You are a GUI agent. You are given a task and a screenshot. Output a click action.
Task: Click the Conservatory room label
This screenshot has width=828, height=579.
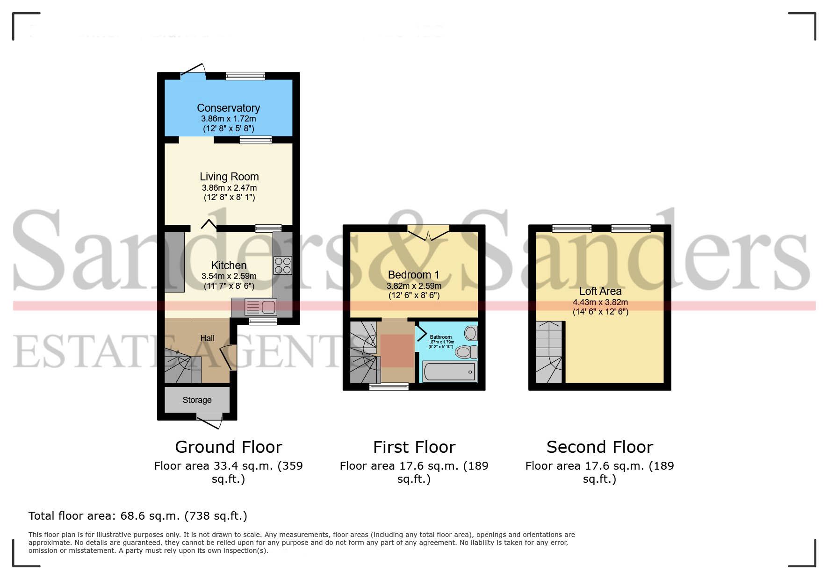click(228, 108)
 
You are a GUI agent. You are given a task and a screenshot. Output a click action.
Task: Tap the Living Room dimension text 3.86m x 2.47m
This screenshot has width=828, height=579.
click(229, 188)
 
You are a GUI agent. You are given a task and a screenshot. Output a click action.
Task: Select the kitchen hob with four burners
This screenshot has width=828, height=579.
click(282, 265)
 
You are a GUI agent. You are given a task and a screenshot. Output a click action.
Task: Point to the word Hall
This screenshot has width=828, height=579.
click(207, 338)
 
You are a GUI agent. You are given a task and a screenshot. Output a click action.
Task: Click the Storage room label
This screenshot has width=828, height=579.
click(197, 400)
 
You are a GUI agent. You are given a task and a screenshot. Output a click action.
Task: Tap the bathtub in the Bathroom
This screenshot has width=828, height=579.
click(449, 372)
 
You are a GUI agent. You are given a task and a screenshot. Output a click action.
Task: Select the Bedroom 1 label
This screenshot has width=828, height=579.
click(413, 275)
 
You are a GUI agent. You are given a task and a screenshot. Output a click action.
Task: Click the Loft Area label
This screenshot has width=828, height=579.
click(600, 291)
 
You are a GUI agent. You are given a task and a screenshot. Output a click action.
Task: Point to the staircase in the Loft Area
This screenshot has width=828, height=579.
click(549, 351)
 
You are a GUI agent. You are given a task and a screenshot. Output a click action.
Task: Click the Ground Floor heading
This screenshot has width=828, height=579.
click(228, 447)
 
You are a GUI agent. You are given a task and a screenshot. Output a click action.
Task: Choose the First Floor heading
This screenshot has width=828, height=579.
click(414, 447)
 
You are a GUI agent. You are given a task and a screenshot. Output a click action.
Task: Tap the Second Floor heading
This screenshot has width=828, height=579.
click(599, 447)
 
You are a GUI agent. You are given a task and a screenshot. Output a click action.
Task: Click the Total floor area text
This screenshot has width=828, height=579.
click(137, 516)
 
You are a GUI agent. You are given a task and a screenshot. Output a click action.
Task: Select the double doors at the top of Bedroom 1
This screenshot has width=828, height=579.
click(428, 233)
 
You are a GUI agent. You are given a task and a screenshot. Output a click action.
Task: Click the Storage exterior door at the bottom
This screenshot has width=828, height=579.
click(209, 422)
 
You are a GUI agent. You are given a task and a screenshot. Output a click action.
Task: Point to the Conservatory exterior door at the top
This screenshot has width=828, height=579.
click(193, 71)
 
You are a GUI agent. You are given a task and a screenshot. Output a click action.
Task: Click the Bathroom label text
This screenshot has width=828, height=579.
click(440, 337)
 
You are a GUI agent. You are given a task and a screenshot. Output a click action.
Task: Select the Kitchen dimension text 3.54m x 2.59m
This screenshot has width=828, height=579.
click(229, 276)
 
